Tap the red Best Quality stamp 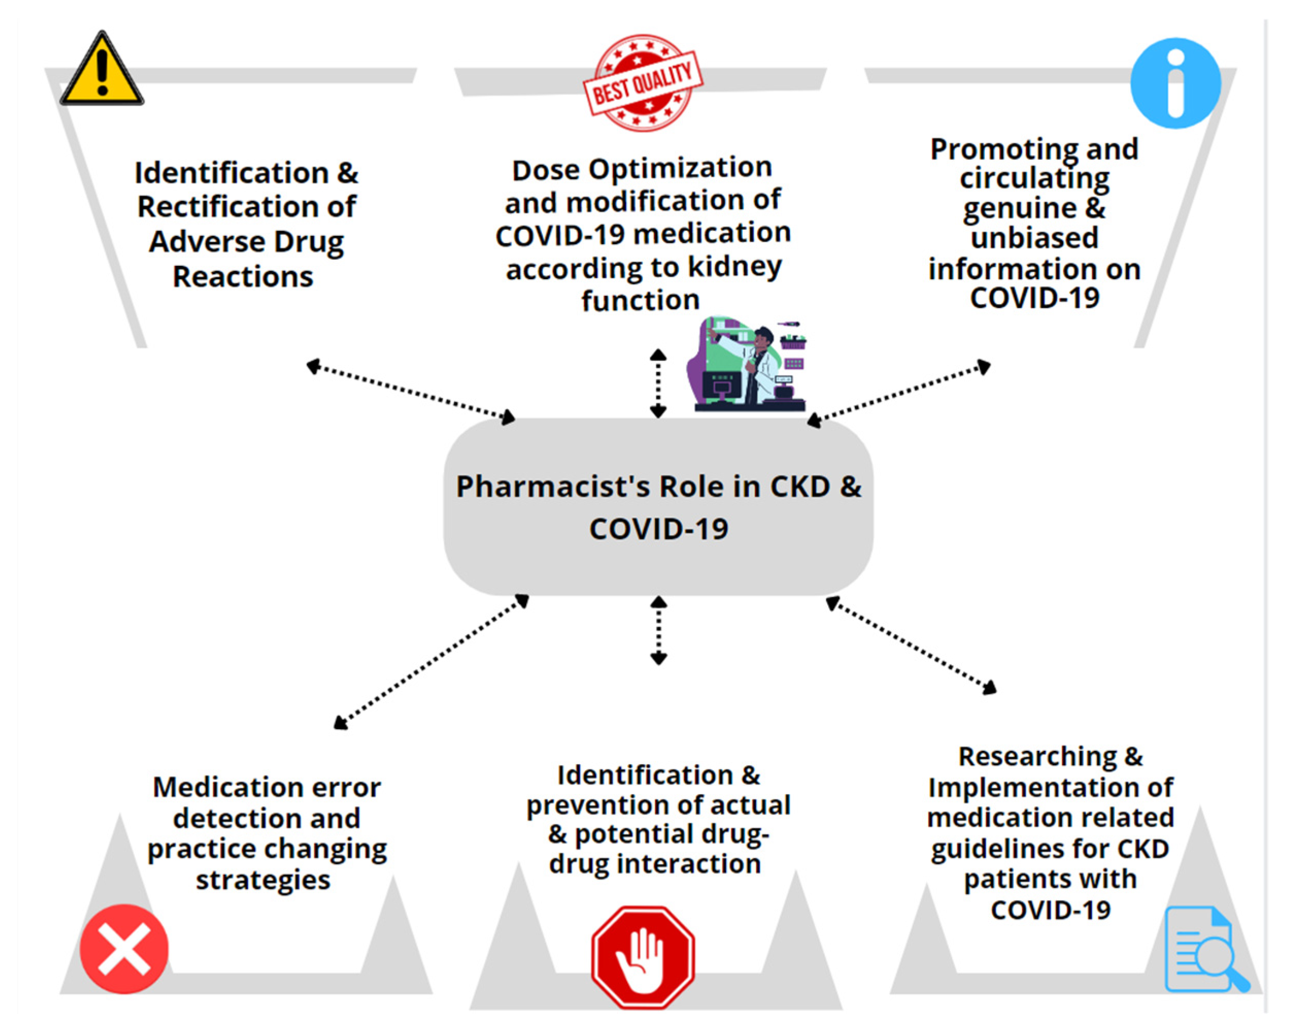[642, 83]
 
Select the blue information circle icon [1174, 83]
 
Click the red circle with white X [124, 949]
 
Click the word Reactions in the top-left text [243, 277]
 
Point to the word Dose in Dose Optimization [545, 170]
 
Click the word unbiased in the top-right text [1034, 237]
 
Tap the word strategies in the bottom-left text [263, 880]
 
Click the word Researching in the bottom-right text [1037, 756]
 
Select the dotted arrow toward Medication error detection [431, 662]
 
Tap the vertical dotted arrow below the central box [658, 631]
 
